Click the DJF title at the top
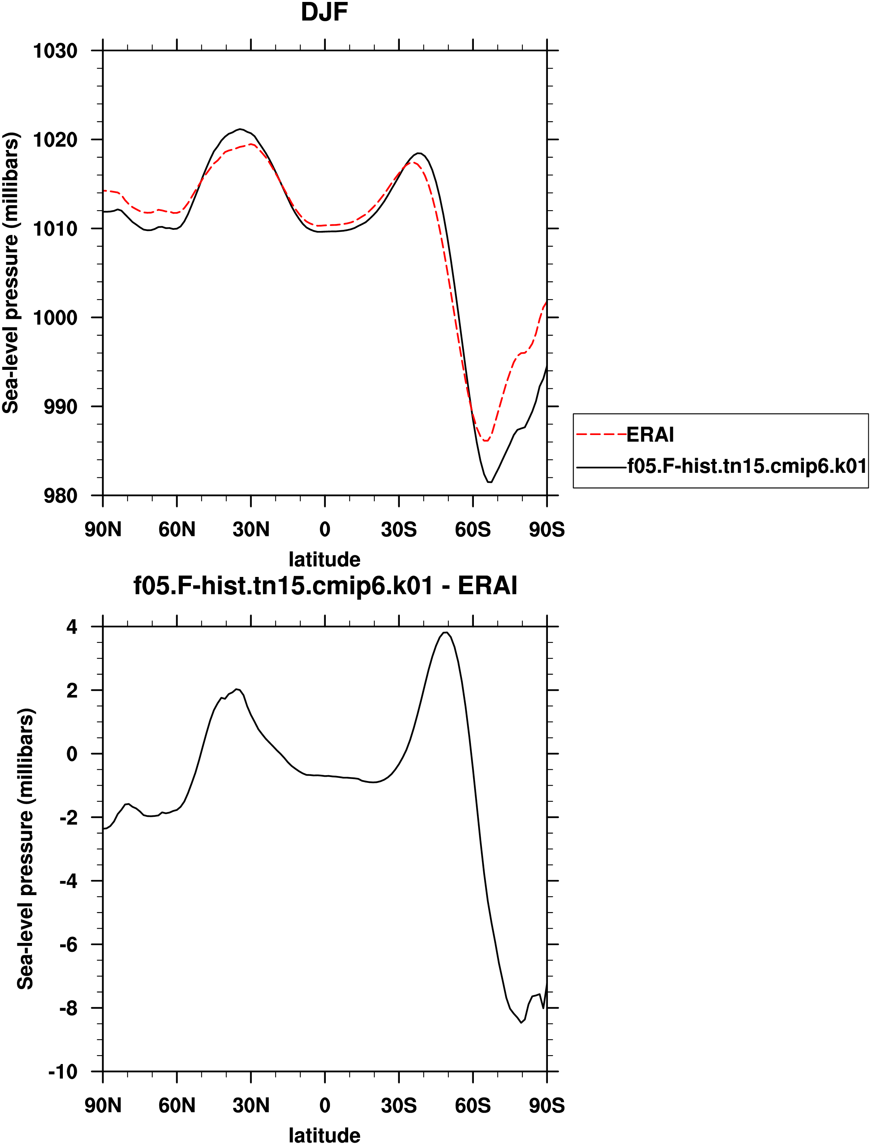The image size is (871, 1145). point(325,12)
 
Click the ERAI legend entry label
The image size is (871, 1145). point(650,435)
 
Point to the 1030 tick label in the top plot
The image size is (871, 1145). point(55,51)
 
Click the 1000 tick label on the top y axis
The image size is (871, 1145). point(55,317)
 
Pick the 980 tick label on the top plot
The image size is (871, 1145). point(61,496)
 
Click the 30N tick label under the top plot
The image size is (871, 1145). point(251,529)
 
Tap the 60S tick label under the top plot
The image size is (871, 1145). point(473,529)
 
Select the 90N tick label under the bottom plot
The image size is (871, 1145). point(103,1106)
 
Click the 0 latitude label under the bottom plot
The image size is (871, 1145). point(325,1106)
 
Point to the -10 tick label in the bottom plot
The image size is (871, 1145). point(63,1071)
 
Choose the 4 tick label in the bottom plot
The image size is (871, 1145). point(72,627)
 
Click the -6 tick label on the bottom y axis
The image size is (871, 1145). point(68,945)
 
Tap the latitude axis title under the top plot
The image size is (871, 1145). point(325,560)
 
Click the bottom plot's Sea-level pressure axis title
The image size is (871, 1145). point(25,848)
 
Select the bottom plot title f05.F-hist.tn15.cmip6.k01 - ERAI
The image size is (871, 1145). point(325,586)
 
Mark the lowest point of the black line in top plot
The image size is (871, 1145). point(489,482)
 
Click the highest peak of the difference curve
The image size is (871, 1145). point(445,632)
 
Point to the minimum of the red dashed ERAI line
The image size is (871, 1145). point(486,441)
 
